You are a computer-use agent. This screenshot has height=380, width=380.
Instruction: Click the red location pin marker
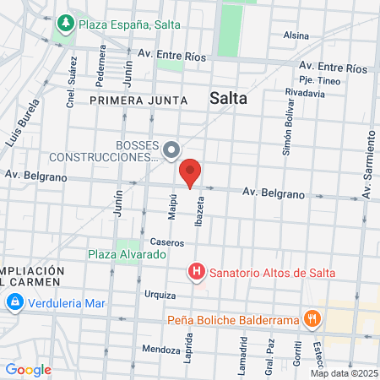pos(191,172)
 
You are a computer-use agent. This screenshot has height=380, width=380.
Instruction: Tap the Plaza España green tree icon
pos(66,24)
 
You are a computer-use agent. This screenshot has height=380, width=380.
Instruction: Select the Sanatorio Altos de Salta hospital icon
pos(196,272)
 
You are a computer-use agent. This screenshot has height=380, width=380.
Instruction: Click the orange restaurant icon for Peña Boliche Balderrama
pos(312,318)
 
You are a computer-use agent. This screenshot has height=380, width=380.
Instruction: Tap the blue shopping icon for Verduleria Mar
pos(14,301)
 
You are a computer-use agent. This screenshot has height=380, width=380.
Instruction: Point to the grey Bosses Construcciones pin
pos(171,151)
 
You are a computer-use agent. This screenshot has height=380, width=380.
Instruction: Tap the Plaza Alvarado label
pos(125,253)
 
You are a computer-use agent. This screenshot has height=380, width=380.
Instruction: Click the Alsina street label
pos(296,35)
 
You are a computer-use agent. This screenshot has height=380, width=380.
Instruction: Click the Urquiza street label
pos(160,295)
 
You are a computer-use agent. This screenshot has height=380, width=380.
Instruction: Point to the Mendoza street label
pos(161,349)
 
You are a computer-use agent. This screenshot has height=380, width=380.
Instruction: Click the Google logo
pos(28,370)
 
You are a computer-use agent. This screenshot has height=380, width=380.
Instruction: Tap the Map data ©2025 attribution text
pos(344,373)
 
